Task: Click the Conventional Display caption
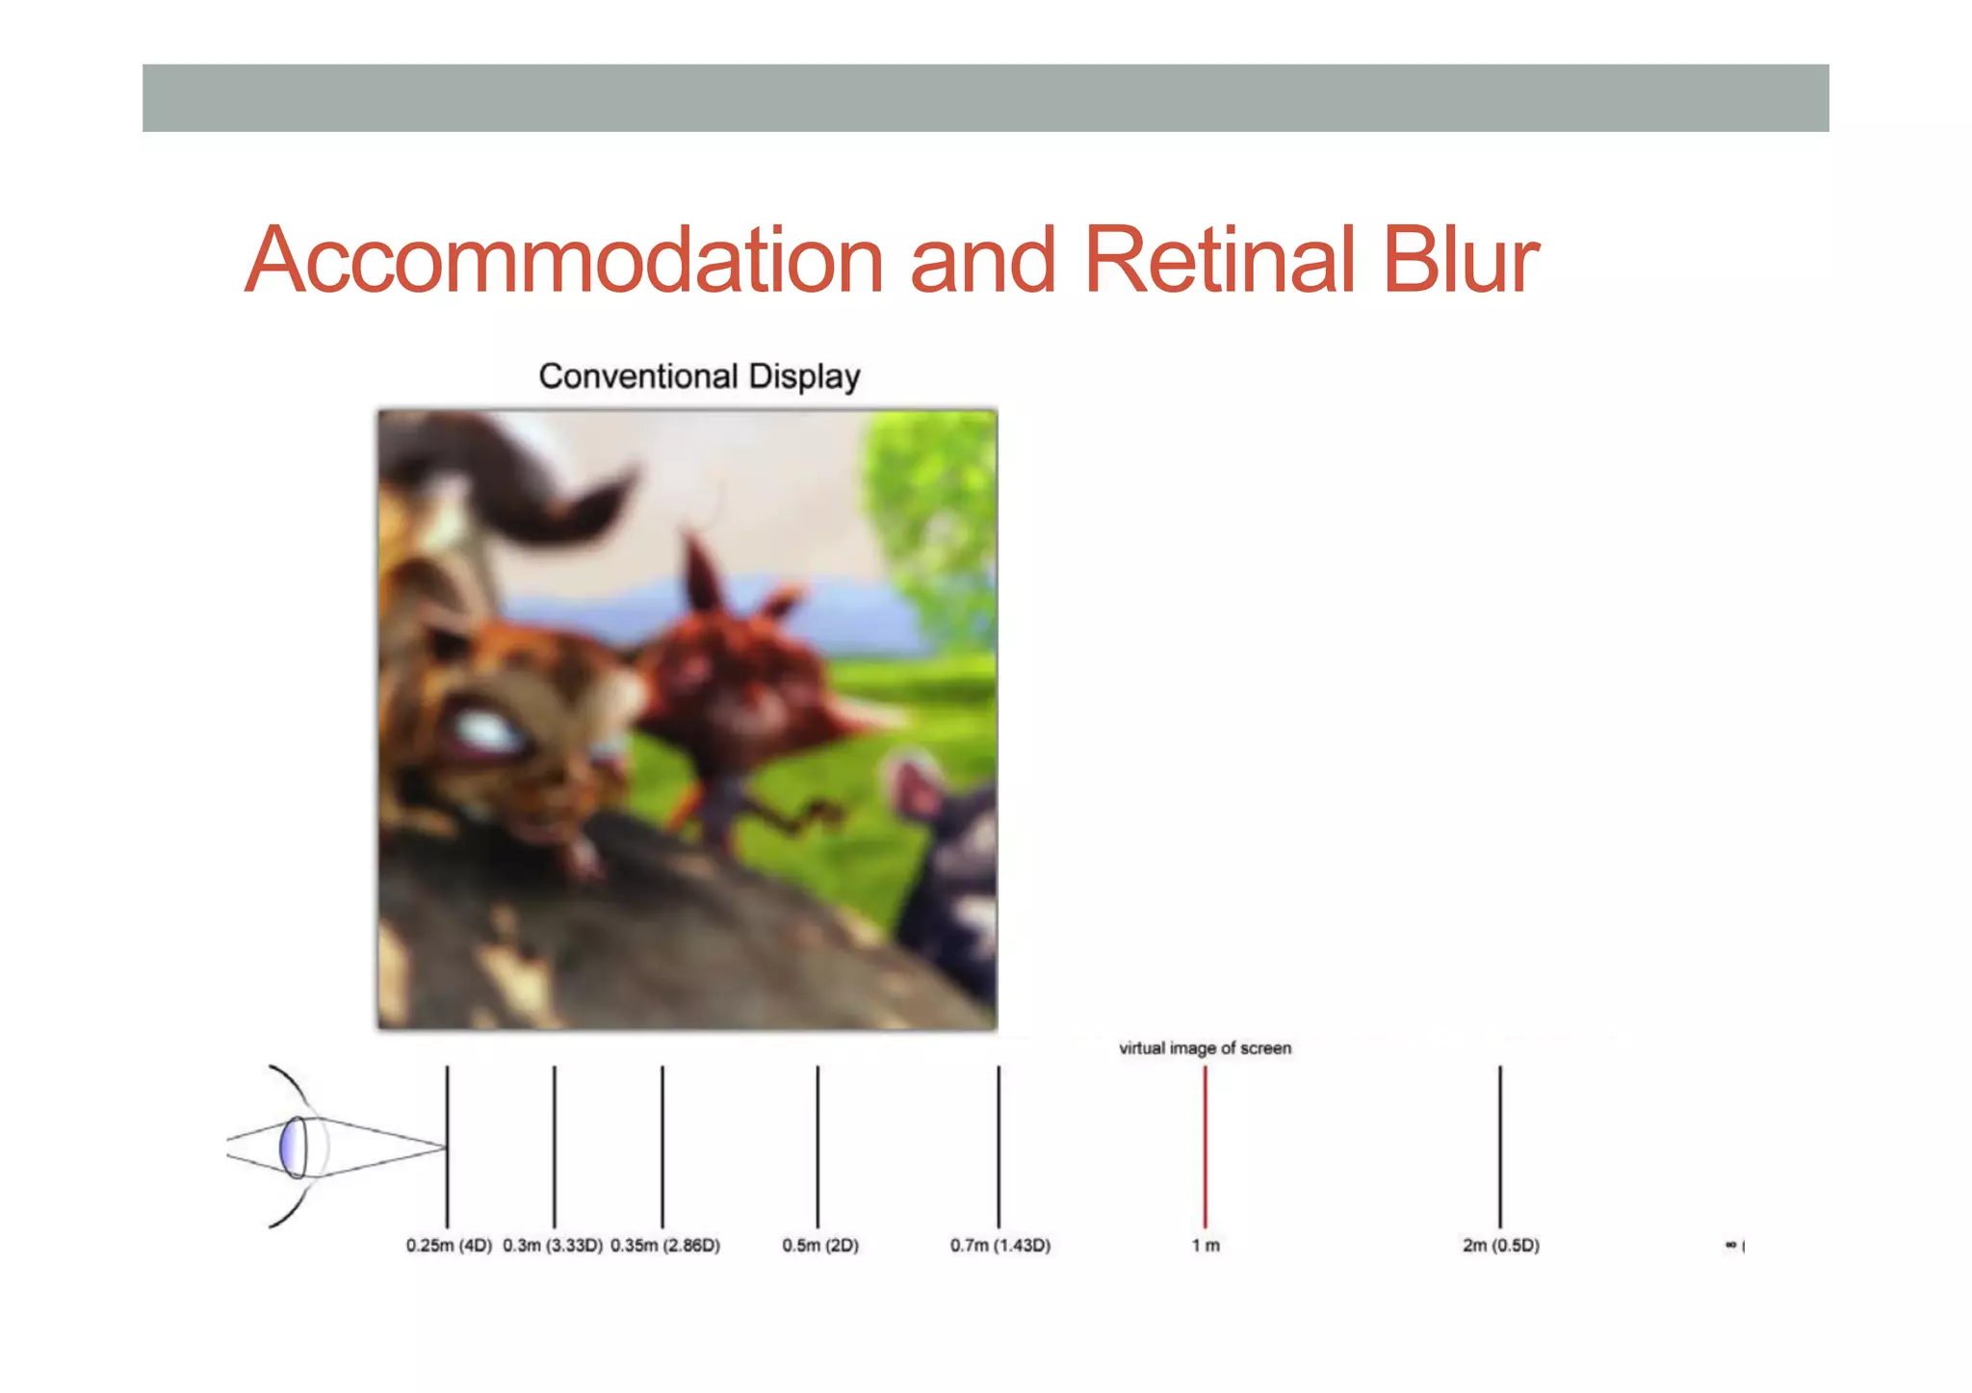(x=699, y=375)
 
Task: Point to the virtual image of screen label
(x=1205, y=1047)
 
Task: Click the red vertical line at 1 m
(x=1205, y=1146)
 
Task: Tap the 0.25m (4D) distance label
(x=449, y=1245)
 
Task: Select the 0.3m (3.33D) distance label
(x=553, y=1245)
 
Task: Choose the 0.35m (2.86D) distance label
(x=665, y=1245)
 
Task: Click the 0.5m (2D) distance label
(x=820, y=1245)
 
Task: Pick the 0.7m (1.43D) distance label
(x=1000, y=1245)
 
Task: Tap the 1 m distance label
(x=1206, y=1245)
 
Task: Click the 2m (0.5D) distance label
(x=1501, y=1245)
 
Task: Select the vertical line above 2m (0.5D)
(x=1500, y=1146)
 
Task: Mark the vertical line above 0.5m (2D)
(x=817, y=1146)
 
